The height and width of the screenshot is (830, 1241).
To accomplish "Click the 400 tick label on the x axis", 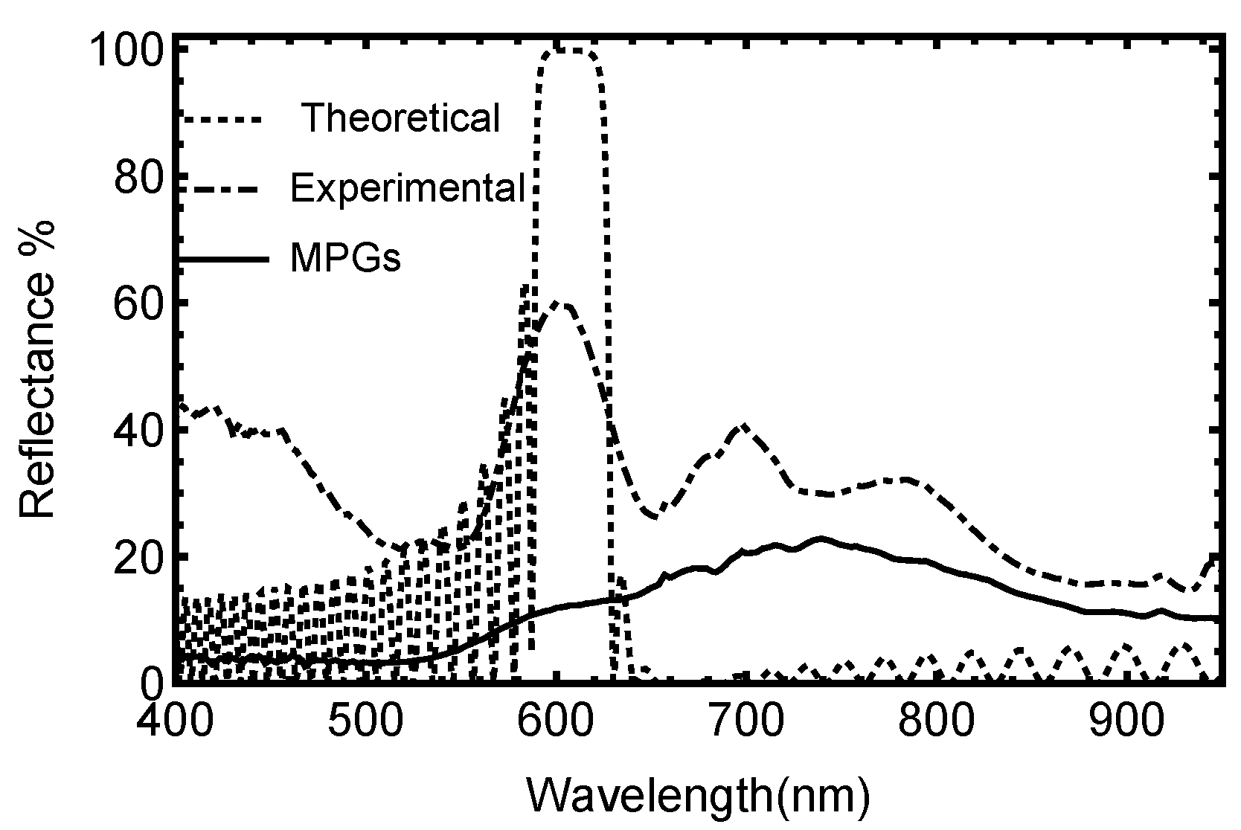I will tap(173, 722).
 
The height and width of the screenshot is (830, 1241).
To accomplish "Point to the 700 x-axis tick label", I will tap(744, 722).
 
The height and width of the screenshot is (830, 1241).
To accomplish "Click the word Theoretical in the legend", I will tap(401, 118).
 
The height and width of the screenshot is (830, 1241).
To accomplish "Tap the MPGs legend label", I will tap(346, 259).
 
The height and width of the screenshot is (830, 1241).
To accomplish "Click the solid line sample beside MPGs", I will tap(223, 259).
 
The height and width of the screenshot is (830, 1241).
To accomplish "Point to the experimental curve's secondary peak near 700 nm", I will tap(743, 426).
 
